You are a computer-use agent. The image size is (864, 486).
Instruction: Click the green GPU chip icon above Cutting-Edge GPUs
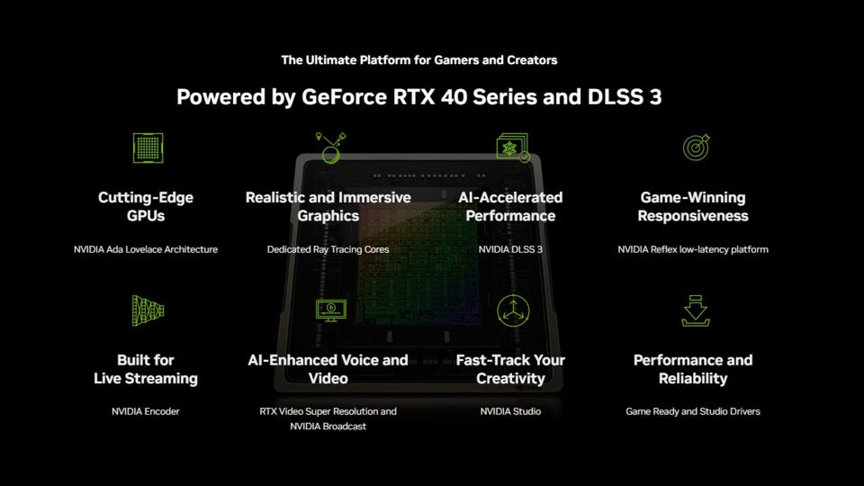(x=148, y=148)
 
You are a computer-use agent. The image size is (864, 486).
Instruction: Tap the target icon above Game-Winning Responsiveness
(x=696, y=147)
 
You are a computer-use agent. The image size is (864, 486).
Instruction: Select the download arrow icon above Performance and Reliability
(x=696, y=310)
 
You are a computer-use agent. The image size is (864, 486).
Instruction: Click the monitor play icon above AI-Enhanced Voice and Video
(x=330, y=310)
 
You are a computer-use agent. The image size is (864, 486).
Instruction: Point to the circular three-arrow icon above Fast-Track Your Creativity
(x=513, y=310)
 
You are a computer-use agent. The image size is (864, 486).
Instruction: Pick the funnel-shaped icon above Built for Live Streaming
(x=148, y=310)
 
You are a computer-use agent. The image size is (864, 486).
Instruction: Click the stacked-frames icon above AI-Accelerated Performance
(x=513, y=147)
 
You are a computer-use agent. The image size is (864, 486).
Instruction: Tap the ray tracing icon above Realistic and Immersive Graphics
(x=330, y=148)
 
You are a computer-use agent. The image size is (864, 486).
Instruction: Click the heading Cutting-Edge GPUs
(x=146, y=206)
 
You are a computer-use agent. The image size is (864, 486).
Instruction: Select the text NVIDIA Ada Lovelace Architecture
(x=146, y=249)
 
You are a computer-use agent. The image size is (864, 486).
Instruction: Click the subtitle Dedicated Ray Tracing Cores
(x=328, y=249)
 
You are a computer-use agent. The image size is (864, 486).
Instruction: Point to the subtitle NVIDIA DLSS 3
(x=510, y=249)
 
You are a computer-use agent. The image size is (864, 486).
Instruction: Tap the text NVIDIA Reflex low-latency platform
(x=693, y=249)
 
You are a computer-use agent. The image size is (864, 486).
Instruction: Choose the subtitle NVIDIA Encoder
(x=146, y=411)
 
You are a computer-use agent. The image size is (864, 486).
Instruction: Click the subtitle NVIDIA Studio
(x=510, y=411)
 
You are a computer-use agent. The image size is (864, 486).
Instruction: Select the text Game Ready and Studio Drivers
(x=693, y=411)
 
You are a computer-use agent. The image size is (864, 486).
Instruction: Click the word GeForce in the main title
(x=345, y=97)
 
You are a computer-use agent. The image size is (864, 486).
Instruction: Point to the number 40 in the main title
(x=454, y=97)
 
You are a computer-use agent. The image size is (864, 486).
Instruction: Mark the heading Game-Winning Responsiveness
(x=693, y=206)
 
